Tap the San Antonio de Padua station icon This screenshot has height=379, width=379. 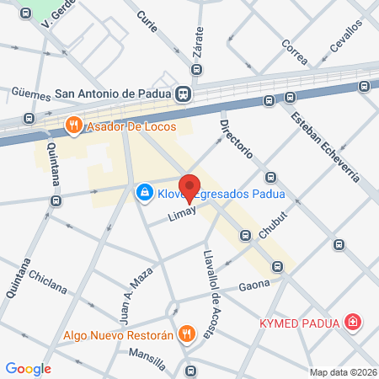[184, 94]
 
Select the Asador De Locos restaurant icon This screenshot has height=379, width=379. [74, 126]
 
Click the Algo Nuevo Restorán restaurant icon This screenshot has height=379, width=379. [186, 333]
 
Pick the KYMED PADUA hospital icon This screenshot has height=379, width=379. [353, 322]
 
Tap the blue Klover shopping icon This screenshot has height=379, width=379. [145, 194]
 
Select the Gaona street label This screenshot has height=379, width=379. [253, 286]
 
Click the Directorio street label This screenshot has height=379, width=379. [236, 140]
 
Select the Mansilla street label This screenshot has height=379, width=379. [147, 355]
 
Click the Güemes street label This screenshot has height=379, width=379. [30, 93]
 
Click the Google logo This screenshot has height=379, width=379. [28, 368]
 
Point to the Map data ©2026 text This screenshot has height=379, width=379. [341, 372]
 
